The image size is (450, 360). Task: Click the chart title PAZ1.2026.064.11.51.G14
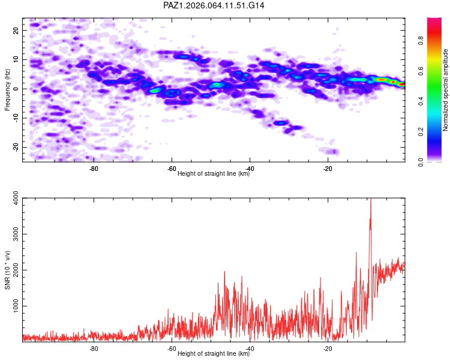click(214, 5)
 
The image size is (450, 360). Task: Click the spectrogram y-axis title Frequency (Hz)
click(7, 89)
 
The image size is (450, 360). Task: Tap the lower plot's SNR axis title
click(7, 269)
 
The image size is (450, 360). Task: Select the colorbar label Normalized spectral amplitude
click(446, 90)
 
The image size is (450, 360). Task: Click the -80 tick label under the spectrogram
click(94, 169)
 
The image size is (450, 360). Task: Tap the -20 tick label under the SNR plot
click(328, 349)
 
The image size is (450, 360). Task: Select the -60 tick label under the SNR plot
click(172, 349)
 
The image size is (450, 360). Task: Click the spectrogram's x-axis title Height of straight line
click(214, 174)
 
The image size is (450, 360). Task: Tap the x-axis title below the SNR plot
click(214, 354)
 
